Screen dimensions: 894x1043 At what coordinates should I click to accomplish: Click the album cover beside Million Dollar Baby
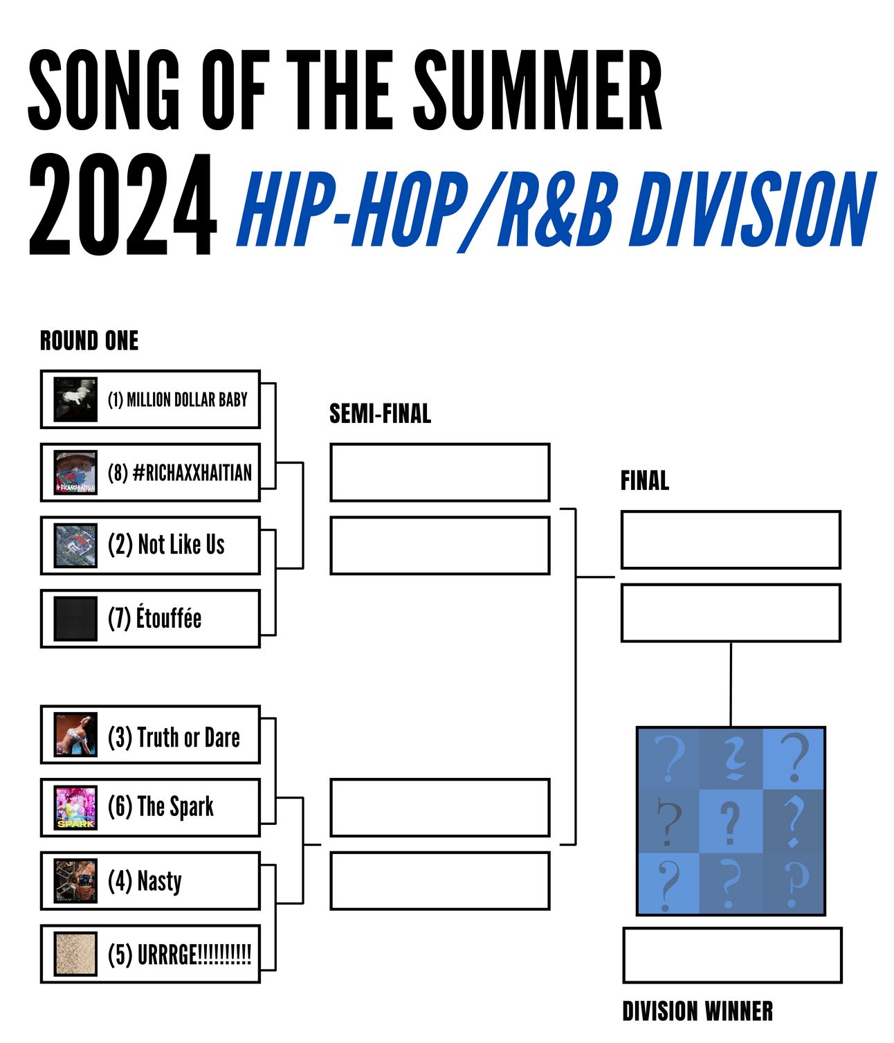tap(75, 399)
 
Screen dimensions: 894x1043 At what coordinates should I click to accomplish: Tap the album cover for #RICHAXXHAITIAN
tap(75, 471)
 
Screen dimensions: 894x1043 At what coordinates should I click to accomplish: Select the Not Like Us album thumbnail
tap(75, 545)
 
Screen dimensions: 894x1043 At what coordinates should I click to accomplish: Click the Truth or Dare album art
tap(75, 734)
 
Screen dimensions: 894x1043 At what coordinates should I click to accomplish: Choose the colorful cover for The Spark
tap(75, 807)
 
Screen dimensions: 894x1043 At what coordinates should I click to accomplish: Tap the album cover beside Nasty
tap(75, 880)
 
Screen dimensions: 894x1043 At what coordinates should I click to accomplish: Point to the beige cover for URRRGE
tap(75, 953)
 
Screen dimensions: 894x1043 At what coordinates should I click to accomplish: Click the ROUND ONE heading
tap(89, 340)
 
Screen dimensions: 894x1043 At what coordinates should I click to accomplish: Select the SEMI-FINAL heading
tap(380, 413)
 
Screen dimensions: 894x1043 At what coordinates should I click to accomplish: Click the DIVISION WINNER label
tap(697, 1010)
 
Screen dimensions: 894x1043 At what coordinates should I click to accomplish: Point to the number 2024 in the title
tap(122, 204)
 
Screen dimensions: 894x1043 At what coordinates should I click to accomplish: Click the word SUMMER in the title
tap(538, 90)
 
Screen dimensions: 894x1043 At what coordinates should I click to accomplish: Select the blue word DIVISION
tap(751, 209)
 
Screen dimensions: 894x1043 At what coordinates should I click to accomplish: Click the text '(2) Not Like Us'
tap(166, 545)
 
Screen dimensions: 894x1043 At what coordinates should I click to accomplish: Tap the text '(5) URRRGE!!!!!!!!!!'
tap(179, 954)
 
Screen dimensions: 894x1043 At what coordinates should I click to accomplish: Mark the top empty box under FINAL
tap(730, 539)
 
